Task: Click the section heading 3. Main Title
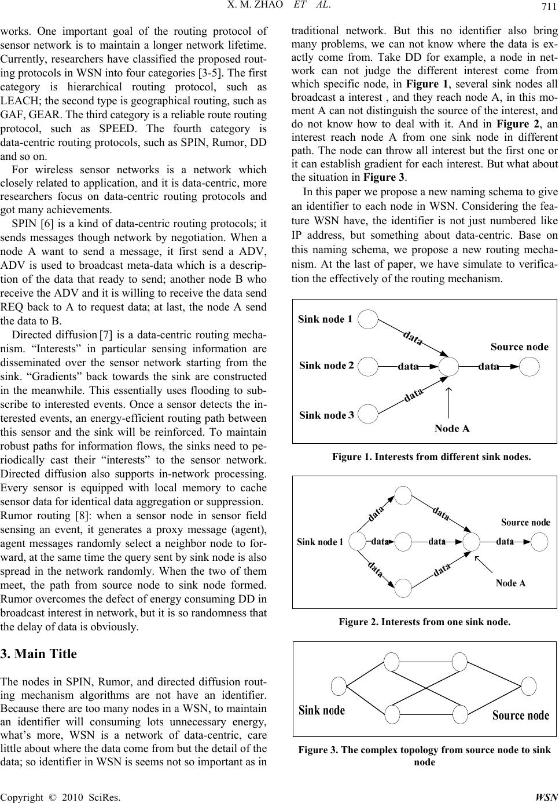pos(39,654)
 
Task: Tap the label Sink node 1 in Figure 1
pos(325,319)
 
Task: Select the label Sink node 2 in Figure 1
pos(326,366)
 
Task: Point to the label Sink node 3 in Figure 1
pos(326,415)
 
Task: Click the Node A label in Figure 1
pos(451,429)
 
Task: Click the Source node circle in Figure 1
pos(529,366)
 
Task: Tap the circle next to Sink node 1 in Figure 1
pos(368,318)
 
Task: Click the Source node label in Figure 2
pos(525,522)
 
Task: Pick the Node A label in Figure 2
pos(510,583)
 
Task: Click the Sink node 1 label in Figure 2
pos(320,542)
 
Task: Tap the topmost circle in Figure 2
pos(403,496)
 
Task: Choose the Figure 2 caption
pos(425,622)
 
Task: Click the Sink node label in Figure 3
pos(322,710)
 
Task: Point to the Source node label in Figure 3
pos(521,715)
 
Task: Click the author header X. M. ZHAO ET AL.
pos(279,5)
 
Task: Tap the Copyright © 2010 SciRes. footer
pos(61,797)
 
